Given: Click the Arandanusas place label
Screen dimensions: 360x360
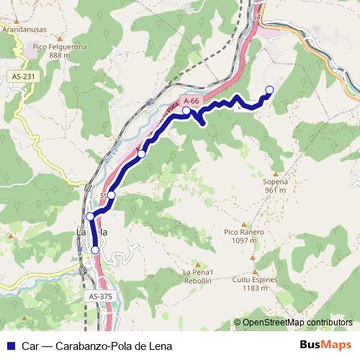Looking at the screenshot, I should point(25,31).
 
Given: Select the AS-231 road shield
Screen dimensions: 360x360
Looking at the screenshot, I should point(24,76).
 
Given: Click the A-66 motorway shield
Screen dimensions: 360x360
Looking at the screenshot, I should point(191,102).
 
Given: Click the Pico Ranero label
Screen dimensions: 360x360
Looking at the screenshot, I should point(244,232).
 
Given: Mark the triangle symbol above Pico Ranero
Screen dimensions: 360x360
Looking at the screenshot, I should point(244,223).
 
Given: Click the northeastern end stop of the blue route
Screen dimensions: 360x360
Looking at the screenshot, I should point(270,90).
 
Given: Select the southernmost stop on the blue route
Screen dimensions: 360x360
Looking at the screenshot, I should point(95,250).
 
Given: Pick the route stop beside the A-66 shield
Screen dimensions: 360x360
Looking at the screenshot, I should point(186,111).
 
